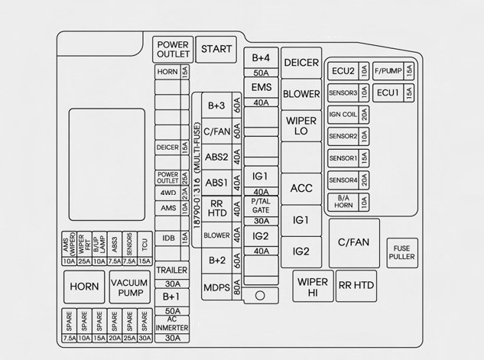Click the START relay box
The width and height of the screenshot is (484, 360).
point(216,49)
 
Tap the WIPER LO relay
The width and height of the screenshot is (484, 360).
point(301,126)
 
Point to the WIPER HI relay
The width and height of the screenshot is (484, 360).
point(313,287)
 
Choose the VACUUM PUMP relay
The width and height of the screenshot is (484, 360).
point(129,286)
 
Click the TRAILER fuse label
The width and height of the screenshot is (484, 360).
point(172,270)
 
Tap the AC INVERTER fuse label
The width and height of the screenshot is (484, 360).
point(172,323)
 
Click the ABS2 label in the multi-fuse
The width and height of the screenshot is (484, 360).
point(217,157)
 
